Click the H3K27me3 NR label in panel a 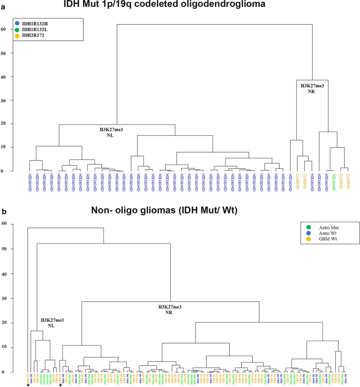pos(311,88)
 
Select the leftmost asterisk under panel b pos(28,385)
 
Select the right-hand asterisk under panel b pos(61,385)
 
